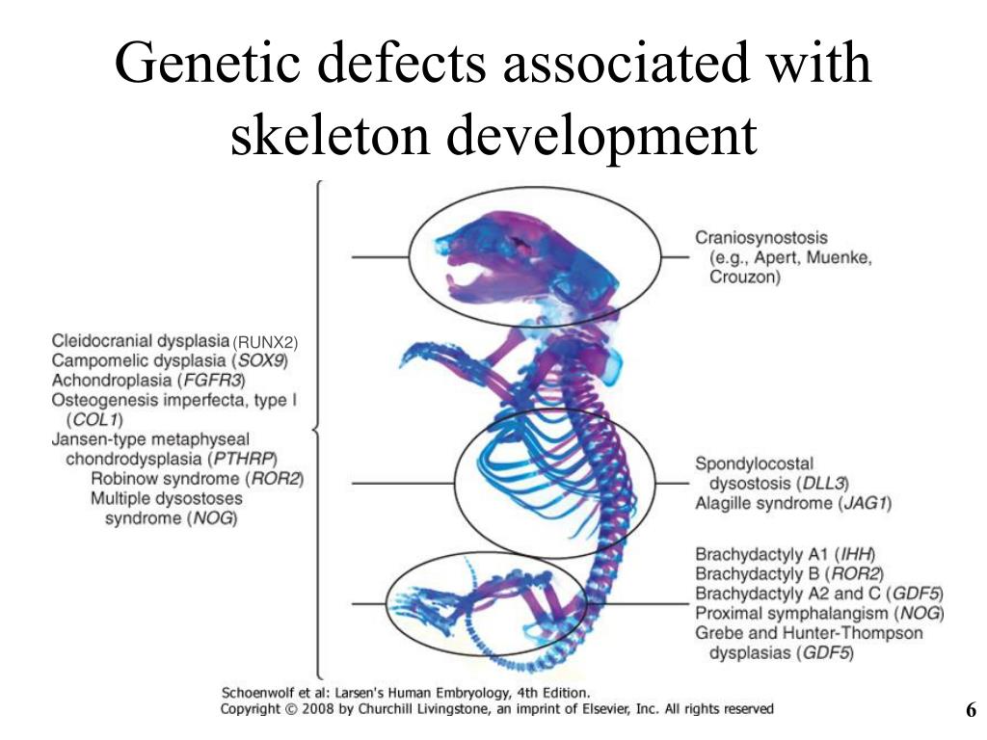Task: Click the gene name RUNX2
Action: (x=267, y=342)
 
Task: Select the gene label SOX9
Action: (x=262, y=361)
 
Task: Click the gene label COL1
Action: (x=96, y=420)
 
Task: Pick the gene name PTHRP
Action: (x=245, y=459)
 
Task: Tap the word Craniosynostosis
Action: (x=761, y=237)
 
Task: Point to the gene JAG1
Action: (x=865, y=503)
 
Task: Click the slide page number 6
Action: (x=971, y=711)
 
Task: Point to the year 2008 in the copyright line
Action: (x=319, y=708)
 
